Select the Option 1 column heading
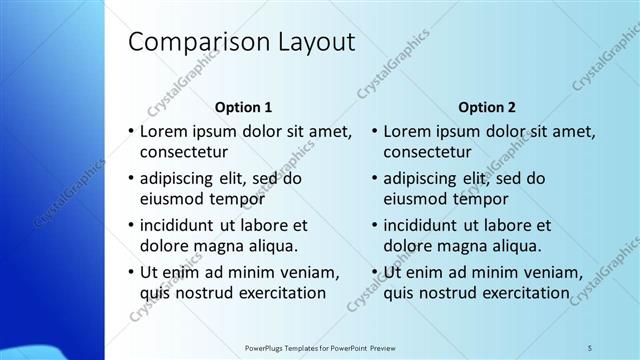point(243,106)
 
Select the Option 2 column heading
point(487,106)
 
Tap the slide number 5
point(589,347)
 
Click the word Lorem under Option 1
point(164,131)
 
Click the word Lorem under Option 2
point(408,131)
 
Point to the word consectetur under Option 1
point(184,153)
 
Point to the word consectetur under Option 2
point(428,153)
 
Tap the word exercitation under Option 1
point(274,293)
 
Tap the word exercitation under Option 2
point(518,293)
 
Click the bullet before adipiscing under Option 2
point(374,179)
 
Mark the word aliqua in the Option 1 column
point(272,246)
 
